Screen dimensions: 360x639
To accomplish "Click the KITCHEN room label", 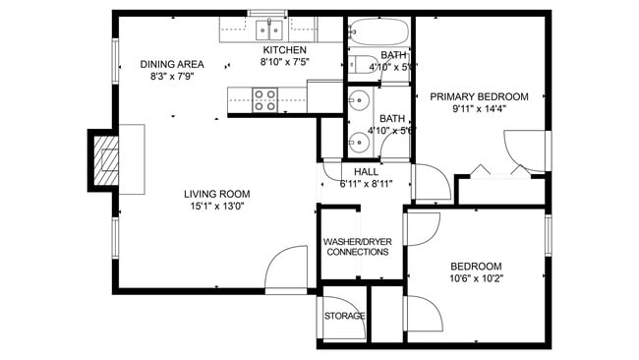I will point(283,50).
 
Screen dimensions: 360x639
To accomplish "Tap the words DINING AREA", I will point(171,62).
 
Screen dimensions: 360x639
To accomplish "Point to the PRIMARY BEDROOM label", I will point(479,96).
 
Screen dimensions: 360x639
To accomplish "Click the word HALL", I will point(352,172).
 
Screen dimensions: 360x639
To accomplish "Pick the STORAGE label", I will point(345,316).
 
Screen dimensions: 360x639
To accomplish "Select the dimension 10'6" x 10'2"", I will point(476,279).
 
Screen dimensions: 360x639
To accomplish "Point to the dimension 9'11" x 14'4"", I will point(479,110).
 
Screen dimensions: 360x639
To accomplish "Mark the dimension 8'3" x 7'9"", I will point(171,75).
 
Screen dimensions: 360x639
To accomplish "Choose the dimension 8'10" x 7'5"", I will point(283,63).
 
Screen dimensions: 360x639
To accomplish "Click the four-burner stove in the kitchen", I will point(265,97).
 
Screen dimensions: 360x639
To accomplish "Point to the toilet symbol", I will point(362,67).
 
